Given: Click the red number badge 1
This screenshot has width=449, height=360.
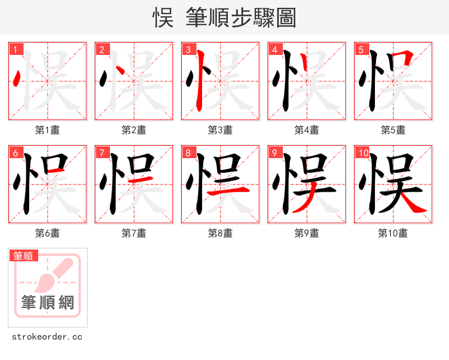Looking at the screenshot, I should (x=15, y=49).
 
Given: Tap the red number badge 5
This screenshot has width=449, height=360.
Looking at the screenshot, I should (x=361, y=49).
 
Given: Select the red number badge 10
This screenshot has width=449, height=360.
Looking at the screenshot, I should (x=363, y=153).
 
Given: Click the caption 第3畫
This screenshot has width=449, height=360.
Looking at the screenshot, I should (x=220, y=130).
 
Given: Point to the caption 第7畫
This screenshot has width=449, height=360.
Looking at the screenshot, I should (x=134, y=233).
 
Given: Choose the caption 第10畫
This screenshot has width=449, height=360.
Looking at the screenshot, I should (x=393, y=233).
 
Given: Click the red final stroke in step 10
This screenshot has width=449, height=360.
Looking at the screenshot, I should (x=415, y=205).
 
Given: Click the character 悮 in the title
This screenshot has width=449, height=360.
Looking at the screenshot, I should (x=163, y=18).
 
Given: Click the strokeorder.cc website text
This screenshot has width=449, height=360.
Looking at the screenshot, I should (x=47, y=337).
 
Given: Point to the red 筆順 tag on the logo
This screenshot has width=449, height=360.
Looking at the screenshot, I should (x=24, y=256).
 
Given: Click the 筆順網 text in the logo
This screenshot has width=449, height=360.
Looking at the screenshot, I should (x=48, y=303).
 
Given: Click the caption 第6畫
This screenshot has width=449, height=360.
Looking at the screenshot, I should (x=47, y=233).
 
